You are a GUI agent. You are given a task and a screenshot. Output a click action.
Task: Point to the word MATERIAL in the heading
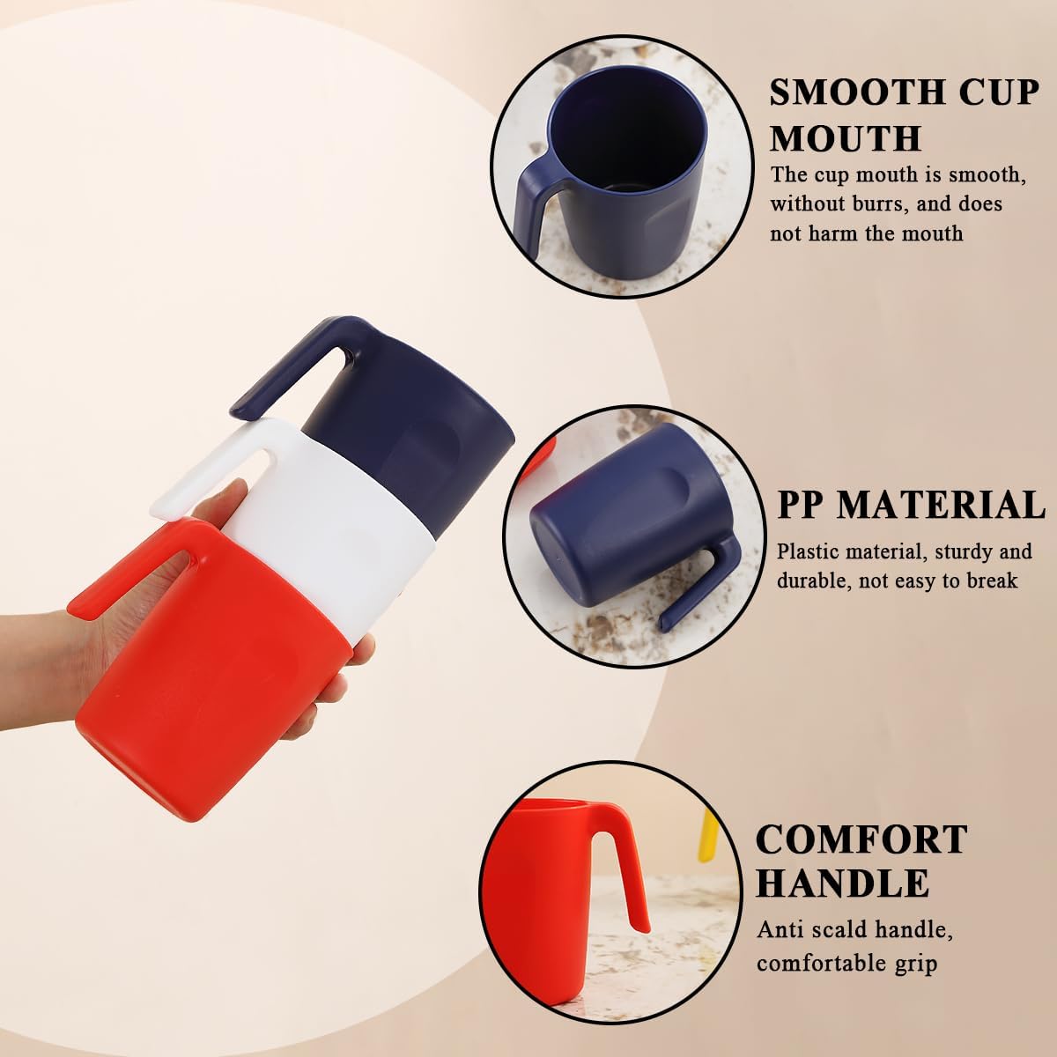[x=942, y=506]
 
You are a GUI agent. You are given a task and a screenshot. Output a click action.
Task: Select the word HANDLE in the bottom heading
[x=842, y=883]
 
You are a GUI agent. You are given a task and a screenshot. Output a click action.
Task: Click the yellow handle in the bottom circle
[x=707, y=836]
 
